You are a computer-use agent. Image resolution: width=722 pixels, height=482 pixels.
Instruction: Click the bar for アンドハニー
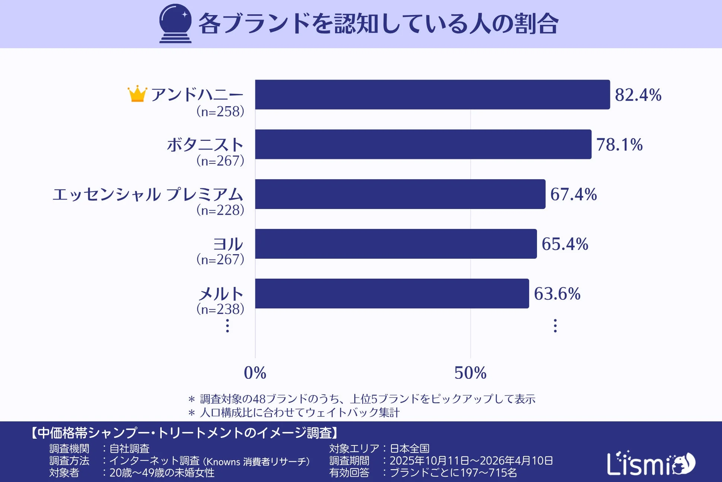point(432,95)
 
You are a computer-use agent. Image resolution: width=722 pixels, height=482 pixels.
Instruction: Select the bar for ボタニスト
point(423,144)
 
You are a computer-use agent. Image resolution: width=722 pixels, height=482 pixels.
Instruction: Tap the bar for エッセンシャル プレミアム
point(400,194)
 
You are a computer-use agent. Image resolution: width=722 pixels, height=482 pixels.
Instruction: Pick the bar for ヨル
point(396,244)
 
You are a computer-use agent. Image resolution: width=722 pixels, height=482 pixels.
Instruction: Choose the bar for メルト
point(392,293)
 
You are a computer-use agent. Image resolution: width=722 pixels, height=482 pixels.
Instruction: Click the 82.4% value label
point(638,95)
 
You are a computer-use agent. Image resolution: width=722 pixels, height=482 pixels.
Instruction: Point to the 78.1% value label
point(619,145)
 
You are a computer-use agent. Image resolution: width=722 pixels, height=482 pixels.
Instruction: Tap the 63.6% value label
point(557,294)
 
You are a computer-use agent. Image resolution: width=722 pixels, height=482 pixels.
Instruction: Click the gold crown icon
point(137,94)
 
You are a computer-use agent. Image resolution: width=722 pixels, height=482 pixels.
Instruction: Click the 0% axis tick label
point(255,373)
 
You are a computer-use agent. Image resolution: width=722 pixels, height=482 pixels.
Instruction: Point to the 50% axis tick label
point(470,373)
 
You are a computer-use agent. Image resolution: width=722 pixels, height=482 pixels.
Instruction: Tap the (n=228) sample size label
point(220,210)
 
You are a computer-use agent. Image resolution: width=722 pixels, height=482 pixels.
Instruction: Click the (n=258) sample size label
point(220,111)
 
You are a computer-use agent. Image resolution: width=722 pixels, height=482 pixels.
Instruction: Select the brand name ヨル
point(228,244)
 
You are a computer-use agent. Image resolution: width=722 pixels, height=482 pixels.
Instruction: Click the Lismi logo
point(651,463)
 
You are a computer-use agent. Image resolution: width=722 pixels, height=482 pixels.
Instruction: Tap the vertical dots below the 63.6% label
point(555,326)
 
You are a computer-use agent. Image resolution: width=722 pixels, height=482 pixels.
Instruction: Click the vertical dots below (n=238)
point(227,326)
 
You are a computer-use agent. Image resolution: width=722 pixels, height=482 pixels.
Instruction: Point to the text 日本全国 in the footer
point(410,448)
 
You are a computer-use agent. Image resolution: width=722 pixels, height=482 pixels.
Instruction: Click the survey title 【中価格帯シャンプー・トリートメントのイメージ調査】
point(184,433)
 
